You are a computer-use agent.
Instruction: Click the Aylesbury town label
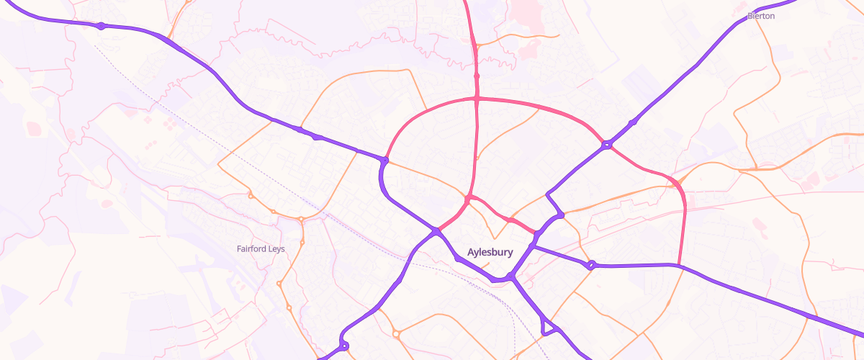pyautogui.click(x=490, y=253)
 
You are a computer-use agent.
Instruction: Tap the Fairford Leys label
pyautogui.click(x=261, y=249)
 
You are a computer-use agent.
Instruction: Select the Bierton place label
pyautogui.click(x=761, y=16)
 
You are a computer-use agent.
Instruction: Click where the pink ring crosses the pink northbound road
pyautogui.click(x=477, y=98)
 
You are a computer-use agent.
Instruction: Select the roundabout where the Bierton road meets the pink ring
pyautogui.click(x=607, y=145)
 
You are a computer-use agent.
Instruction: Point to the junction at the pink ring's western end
pyautogui.click(x=386, y=160)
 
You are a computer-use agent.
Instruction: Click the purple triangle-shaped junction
pyautogui.click(x=549, y=328)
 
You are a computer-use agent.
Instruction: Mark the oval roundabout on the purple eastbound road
pyautogui.click(x=590, y=266)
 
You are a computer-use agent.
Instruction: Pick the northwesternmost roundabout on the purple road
pyautogui.click(x=102, y=26)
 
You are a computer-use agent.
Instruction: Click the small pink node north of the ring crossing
pyautogui.click(x=477, y=76)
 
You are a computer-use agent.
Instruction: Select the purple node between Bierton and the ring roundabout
pyautogui.click(x=632, y=123)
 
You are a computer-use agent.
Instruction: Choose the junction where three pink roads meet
pyautogui.click(x=468, y=198)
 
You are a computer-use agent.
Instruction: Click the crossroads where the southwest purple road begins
pyautogui.click(x=436, y=231)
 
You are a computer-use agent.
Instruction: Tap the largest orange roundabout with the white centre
pyautogui.click(x=396, y=333)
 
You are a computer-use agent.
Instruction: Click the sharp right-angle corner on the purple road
pyautogui.click(x=548, y=193)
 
